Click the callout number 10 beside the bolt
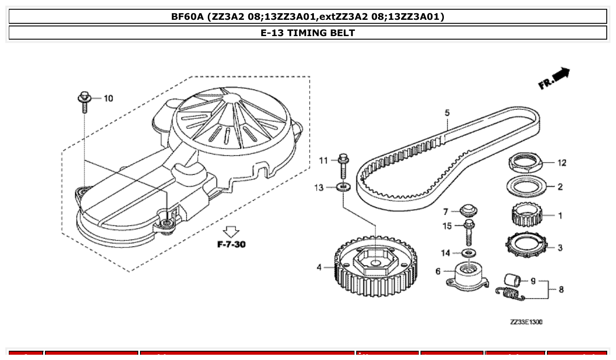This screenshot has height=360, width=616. click(x=108, y=98)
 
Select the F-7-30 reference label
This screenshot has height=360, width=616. click(x=231, y=244)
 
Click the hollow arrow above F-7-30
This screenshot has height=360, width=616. click(x=231, y=231)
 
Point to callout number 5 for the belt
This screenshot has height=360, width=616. click(x=447, y=113)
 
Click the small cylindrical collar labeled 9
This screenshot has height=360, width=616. click(x=513, y=279)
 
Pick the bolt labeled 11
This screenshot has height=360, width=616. click(x=343, y=167)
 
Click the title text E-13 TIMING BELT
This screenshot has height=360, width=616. click(x=308, y=33)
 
